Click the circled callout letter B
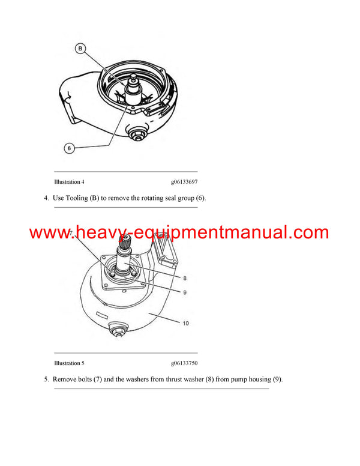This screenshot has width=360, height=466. tap(80, 49)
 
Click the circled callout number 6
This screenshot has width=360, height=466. tap(69, 148)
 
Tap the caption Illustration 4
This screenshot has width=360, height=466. tap(69, 181)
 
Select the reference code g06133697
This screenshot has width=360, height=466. tap(184, 181)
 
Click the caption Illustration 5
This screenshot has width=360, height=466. tap(69, 363)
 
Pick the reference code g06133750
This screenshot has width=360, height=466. tap(184, 363)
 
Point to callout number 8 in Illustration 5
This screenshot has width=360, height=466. tap(185, 278)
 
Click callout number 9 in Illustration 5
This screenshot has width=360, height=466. tap(185, 292)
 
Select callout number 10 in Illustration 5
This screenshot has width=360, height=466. tap(185, 323)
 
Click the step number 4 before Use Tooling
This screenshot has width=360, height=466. tap(46, 198)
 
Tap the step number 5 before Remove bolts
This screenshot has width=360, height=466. tap(46, 380)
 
